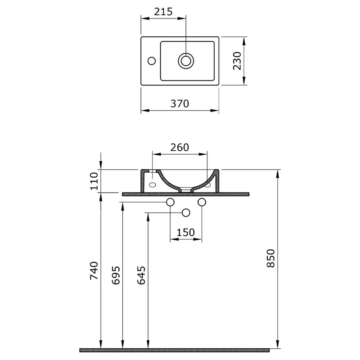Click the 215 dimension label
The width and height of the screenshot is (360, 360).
[x=163, y=12]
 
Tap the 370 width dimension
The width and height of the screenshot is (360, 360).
[x=180, y=104]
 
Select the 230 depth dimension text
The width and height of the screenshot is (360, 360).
[x=238, y=61]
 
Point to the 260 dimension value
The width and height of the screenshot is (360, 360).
[x=180, y=148]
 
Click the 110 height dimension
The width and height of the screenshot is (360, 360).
[x=94, y=181]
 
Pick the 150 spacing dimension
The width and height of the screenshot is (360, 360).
[x=186, y=232]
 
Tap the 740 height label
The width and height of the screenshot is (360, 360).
[x=94, y=270]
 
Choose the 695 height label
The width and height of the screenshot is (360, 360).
[x=116, y=275]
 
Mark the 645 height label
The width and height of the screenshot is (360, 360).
[x=141, y=275]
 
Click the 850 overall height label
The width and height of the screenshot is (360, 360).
[x=271, y=258]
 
